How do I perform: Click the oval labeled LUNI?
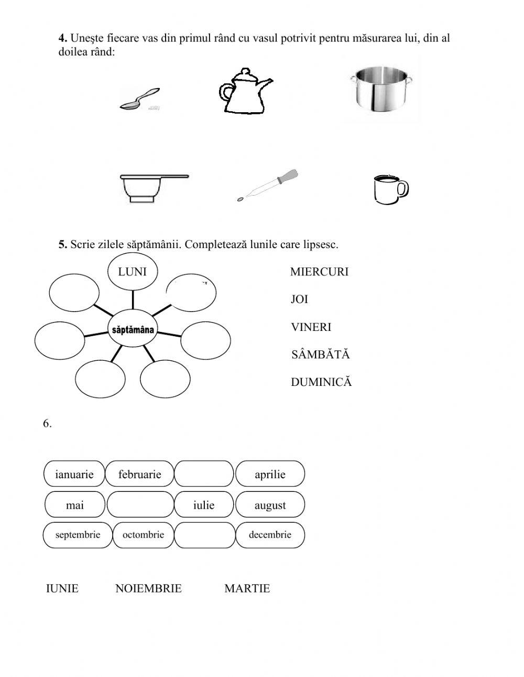pos(133,272)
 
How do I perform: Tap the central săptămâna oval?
pos(133,330)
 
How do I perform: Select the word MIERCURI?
pos(319,272)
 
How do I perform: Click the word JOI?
pos(299,299)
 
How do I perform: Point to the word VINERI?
pos(311,327)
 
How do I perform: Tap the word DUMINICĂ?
pos(321,382)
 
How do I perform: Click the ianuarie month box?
pos(74,475)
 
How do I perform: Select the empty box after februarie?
pos(204,475)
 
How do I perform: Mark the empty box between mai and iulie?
pos(140,506)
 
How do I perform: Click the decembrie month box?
pos(270,535)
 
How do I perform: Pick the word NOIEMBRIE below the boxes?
pos(148,588)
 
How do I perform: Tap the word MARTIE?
pos(247,588)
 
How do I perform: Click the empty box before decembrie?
pos(204,535)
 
